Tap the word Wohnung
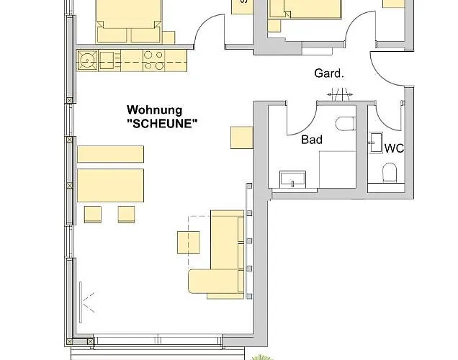point(155,110)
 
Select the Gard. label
point(329,73)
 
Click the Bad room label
point(312,140)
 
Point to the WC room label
point(395,148)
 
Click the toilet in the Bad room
point(346,124)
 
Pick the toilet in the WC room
point(390,172)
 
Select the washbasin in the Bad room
point(292,179)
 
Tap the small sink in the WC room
point(376,143)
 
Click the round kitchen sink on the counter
point(88,60)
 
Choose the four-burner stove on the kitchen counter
point(153,60)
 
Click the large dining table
point(110,185)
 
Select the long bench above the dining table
point(110,154)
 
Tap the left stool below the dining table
point(93,215)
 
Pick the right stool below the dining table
point(127,215)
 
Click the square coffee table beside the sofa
point(189,243)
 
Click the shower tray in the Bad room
point(337,170)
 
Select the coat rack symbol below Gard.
point(340,94)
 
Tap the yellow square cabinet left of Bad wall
point(242,138)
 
